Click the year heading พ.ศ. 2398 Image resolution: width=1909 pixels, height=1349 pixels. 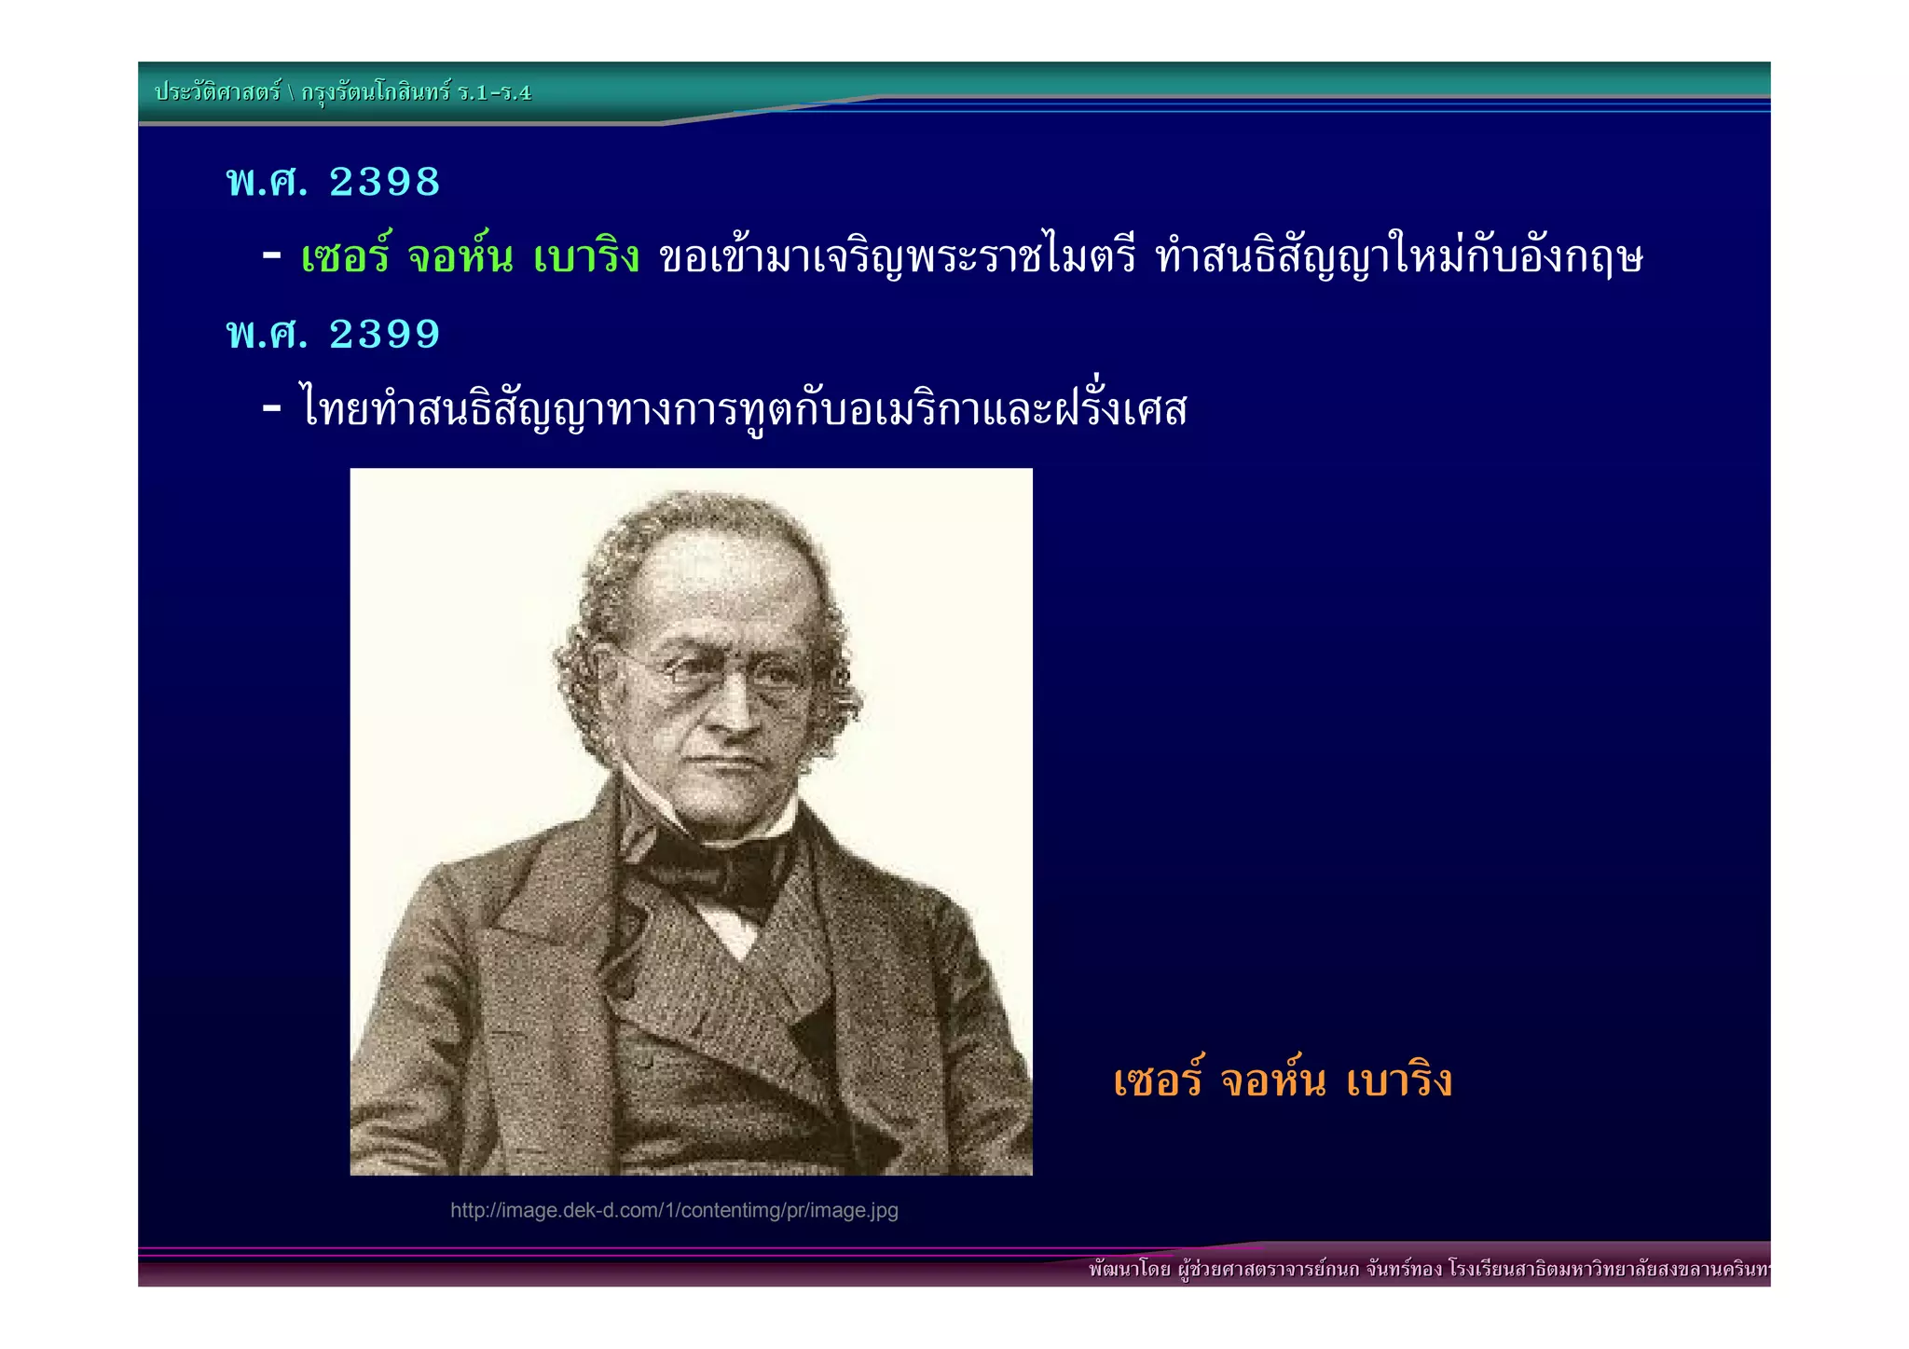333,182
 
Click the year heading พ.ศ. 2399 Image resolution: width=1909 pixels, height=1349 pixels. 333,334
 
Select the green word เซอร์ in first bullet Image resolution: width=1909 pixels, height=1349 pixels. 346,256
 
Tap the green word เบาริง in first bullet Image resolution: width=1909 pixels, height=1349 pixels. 586,256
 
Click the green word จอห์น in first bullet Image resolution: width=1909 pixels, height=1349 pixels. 460,256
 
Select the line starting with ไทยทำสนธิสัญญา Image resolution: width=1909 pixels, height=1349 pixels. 743,409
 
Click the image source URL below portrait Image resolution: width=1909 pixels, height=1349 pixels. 674,1210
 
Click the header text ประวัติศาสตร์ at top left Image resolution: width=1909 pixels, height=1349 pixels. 217,92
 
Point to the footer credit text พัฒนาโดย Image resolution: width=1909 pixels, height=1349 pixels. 1129,1269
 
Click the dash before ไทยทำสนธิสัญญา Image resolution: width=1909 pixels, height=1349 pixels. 272,407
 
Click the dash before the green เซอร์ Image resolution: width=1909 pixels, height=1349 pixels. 272,255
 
